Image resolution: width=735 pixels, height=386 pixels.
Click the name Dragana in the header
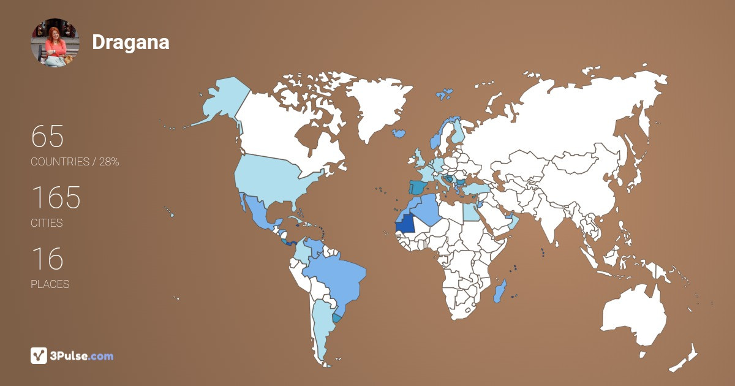point(130,42)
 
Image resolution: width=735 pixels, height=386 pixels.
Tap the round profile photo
point(55,42)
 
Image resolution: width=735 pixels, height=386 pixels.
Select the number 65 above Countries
point(47,137)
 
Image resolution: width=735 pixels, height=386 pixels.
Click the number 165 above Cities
point(56,198)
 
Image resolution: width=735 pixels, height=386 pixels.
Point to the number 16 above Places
point(47,259)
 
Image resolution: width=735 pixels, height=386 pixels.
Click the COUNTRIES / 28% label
point(75,162)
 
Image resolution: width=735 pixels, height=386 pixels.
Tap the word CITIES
point(47,223)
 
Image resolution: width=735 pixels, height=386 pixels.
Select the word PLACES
point(50,284)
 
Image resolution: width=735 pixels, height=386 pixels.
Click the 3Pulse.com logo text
point(82,356)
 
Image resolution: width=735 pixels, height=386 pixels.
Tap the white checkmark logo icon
point(39,356)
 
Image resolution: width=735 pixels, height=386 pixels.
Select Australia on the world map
point(634,316)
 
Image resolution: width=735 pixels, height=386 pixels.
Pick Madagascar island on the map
point(500,291)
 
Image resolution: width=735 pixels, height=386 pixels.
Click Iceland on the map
point(399,133)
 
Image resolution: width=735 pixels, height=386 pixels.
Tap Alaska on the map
point(221,101)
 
